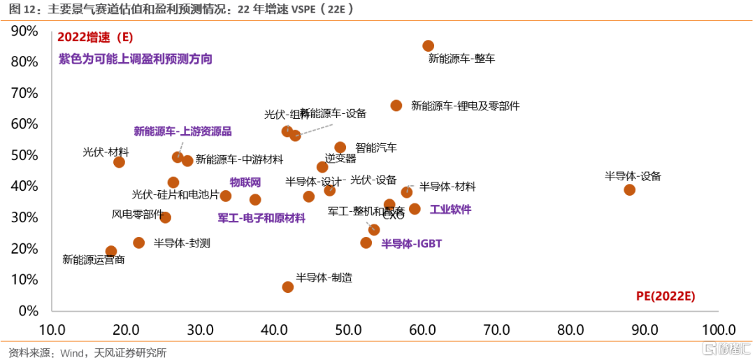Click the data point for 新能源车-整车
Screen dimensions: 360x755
click(429, 46)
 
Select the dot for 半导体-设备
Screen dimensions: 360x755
click(629, 190)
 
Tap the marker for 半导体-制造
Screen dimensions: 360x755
click(288, 287)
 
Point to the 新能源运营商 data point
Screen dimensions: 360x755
click(111, 252)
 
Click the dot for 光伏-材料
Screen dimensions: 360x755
click(119, 162)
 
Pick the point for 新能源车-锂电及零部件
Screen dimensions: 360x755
click(396, 106)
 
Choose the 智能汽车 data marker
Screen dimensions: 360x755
click(340, 147)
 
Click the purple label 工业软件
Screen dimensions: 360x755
click(450, 209)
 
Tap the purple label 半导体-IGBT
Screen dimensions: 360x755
click(411, 244)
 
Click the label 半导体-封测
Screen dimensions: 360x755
click(182, 243)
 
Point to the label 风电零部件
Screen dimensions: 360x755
click(137, 214)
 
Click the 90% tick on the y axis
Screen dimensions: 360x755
click(24, 31)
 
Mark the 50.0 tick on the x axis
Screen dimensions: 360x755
click(348, 330)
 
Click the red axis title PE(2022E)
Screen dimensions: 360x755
click(666, 296)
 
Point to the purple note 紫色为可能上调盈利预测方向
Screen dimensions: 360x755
click(135, 59)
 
